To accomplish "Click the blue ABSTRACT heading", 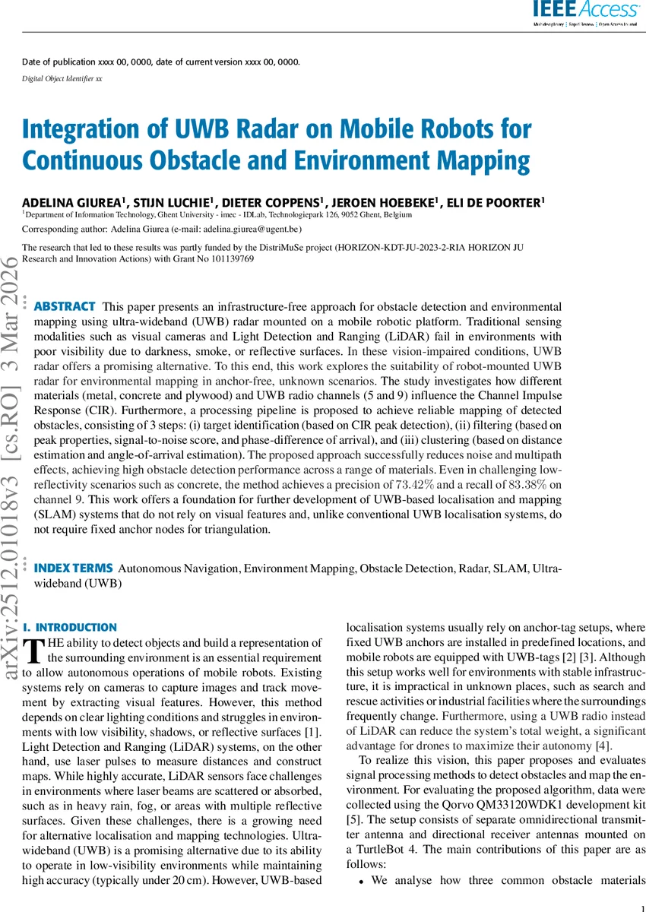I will click(65, 306).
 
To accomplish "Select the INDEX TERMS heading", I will click(74, 568).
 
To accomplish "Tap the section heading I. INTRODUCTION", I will click(70, 628).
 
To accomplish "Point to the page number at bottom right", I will click(641, 904).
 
